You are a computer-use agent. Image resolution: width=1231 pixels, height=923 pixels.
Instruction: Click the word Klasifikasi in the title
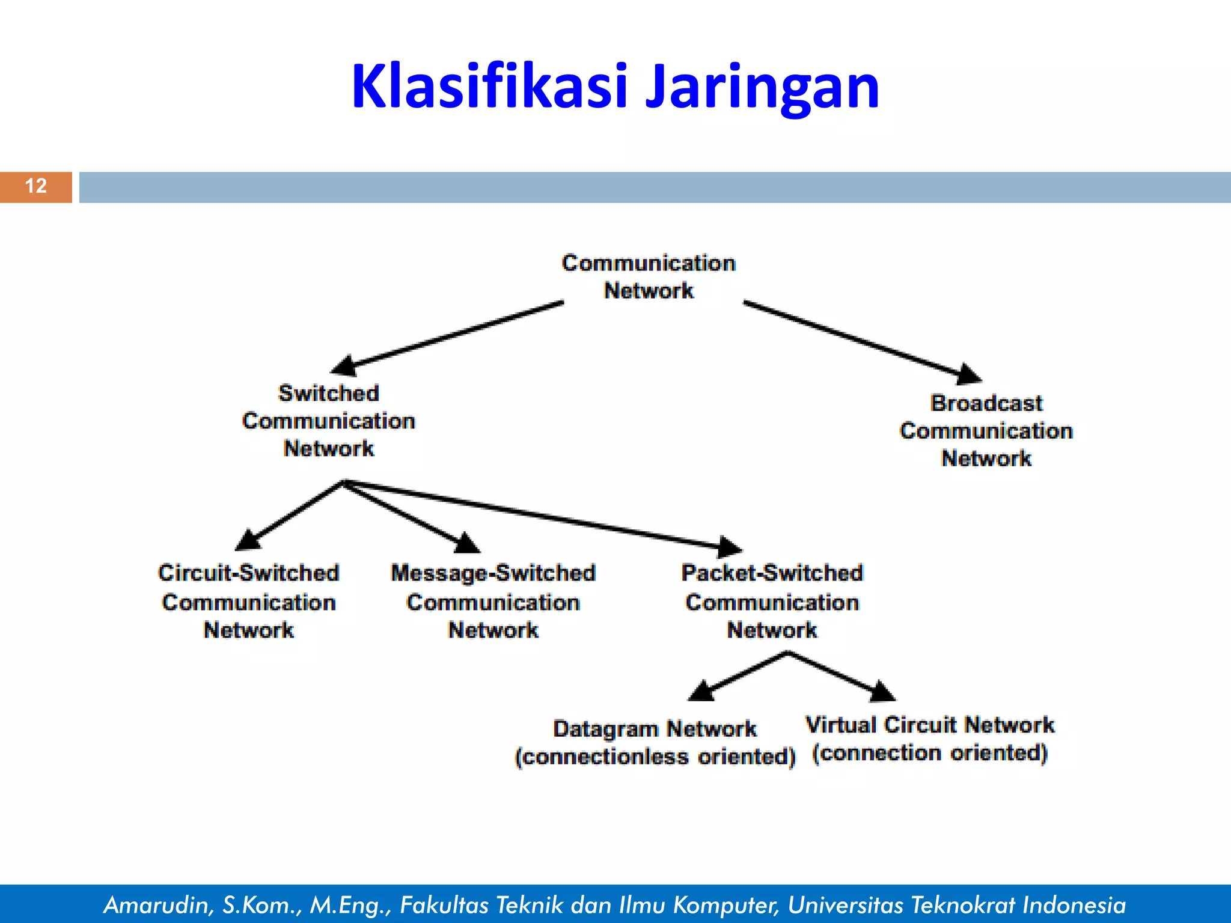tap(490, 87)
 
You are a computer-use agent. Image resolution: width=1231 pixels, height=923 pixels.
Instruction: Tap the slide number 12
tap(36, 186)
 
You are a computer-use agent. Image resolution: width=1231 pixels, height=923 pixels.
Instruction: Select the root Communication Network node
tap(649, 277)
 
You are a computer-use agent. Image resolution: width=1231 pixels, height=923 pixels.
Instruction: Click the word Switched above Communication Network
tap(329, 394)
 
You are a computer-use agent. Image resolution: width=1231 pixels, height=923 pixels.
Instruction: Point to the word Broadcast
tap(986, 403)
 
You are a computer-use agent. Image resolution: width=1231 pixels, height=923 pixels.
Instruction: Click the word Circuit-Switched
tap(248, 573)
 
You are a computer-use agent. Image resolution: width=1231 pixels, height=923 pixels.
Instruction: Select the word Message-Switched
tap(493, 573)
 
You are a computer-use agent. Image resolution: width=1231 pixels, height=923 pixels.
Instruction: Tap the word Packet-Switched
tap(772, 573)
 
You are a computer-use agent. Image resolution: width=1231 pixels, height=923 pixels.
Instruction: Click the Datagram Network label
tap(655, 729)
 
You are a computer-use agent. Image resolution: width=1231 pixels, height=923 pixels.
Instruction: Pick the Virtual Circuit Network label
tap(930, 725)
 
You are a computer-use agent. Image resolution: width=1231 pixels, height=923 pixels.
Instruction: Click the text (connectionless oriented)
tap(655, 757)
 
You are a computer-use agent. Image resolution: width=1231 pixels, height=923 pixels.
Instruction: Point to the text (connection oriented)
tap(930, 753)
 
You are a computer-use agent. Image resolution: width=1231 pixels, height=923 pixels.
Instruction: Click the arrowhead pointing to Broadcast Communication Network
tap(968, 374)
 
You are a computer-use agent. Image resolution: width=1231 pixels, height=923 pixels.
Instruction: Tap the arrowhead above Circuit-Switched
tap(248, 539)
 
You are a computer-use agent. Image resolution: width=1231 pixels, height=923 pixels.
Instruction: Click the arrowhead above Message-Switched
tap(466, 543)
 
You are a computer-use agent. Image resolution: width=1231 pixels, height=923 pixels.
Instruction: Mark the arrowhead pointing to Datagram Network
tap(701, 691)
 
